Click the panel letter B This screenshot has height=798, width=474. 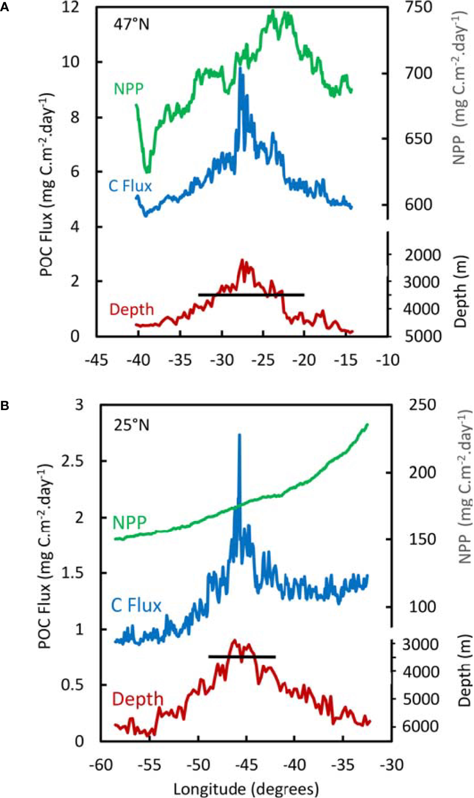4,405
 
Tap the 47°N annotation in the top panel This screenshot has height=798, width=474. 131,24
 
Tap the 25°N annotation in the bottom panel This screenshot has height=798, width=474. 131,425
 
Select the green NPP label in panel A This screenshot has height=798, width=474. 129,89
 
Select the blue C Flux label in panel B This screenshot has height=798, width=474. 136,605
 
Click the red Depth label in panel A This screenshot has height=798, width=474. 131,309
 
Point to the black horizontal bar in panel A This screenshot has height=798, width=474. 251,294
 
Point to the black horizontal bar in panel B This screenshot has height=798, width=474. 242,656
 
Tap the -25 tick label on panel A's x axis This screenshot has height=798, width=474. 263,359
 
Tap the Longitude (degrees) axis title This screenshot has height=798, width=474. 246,788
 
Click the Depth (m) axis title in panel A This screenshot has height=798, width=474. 461,292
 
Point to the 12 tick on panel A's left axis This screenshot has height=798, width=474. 71,8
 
